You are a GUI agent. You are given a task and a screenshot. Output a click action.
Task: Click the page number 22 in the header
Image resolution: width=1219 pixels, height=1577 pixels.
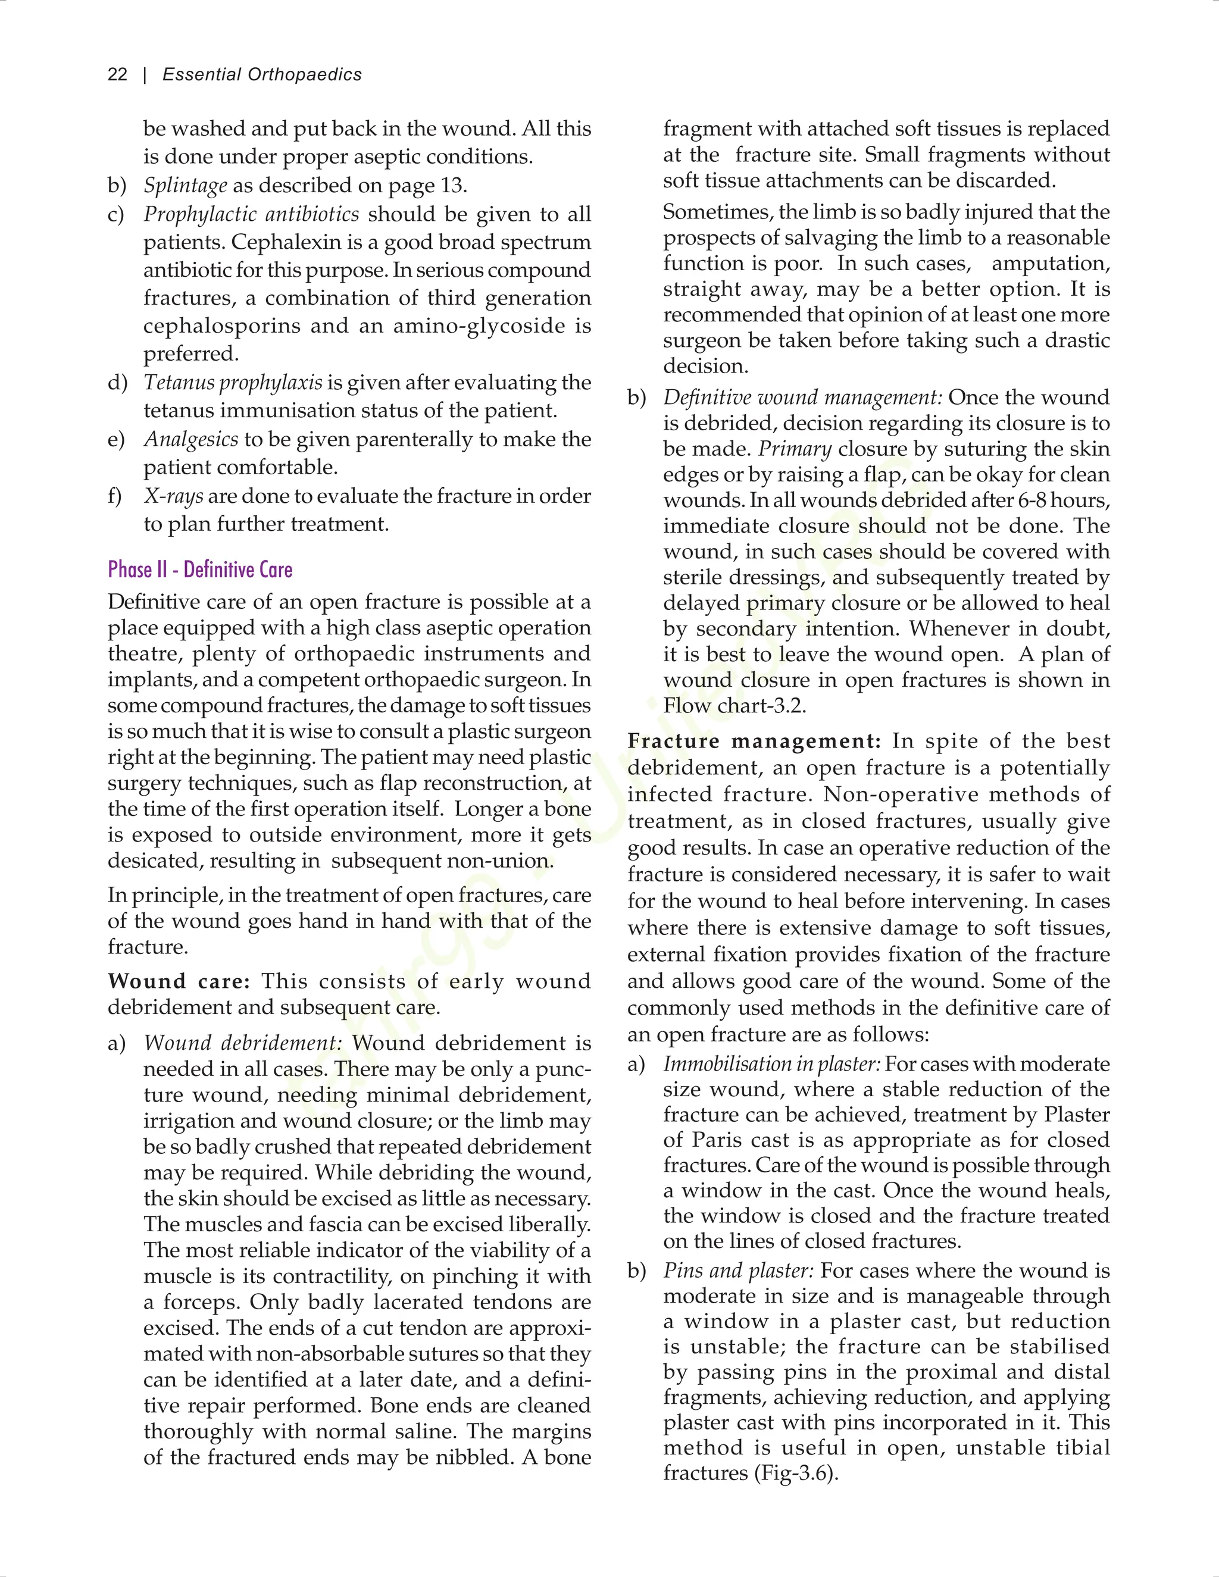(117, 74)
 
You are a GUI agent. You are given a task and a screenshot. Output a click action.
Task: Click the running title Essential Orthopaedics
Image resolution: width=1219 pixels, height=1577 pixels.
(261, 74)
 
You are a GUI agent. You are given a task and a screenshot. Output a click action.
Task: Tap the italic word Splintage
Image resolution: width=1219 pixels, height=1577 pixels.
(186, 186)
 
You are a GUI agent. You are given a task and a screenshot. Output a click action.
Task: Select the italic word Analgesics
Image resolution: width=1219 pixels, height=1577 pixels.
(190, 439)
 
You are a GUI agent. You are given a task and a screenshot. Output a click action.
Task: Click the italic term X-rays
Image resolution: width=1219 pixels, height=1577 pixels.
(173, 496)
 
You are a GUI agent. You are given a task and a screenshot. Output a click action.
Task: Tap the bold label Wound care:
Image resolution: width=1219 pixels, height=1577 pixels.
(179, 981)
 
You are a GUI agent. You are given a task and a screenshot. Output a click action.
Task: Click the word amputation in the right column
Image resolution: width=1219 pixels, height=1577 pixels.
(1050, 264)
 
